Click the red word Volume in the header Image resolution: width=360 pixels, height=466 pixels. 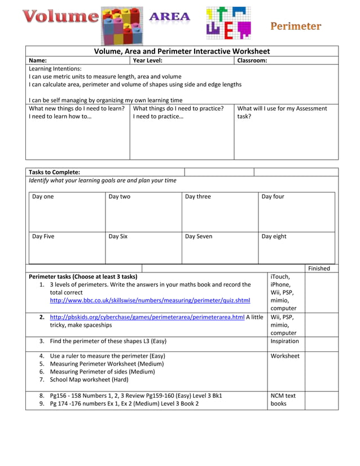coord(61,17)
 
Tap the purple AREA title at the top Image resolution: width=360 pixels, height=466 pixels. coord(169,17)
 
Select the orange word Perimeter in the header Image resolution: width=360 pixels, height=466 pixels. coord(296,26)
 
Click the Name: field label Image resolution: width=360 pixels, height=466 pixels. coord(38,60)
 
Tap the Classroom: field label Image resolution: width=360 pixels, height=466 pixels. coord(252,60)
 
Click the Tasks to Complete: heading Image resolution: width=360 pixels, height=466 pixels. coord(54,172)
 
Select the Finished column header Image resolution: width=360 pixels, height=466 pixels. coord(319,269)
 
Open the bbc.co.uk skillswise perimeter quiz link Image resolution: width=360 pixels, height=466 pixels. coord(150,301)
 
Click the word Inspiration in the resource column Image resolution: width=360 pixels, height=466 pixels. coord(285,341)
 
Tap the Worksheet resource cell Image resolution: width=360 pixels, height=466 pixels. coord(285,356)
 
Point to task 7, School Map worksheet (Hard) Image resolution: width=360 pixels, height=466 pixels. coord(94,380)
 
